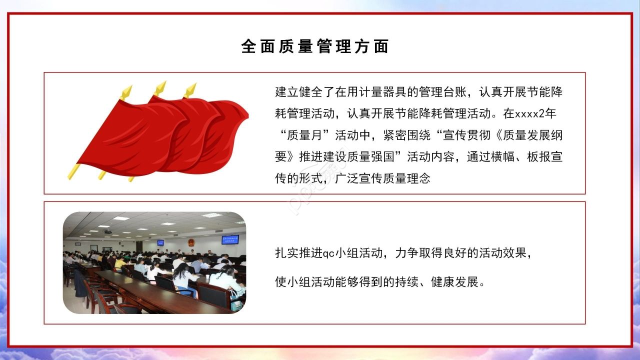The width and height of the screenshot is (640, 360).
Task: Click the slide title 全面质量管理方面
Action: tap(315, 46)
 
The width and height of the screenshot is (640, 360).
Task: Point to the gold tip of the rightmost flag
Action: tap(190, 90)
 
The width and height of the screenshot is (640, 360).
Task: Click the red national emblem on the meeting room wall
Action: tap(191, 242)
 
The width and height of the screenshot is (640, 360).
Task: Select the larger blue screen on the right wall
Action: tap(230, 239)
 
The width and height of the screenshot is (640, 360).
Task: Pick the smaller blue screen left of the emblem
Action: tap(160, 242)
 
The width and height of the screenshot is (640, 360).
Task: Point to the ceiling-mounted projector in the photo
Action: tap(107, 231)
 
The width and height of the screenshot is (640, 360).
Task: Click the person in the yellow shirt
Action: tap(119, 262)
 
